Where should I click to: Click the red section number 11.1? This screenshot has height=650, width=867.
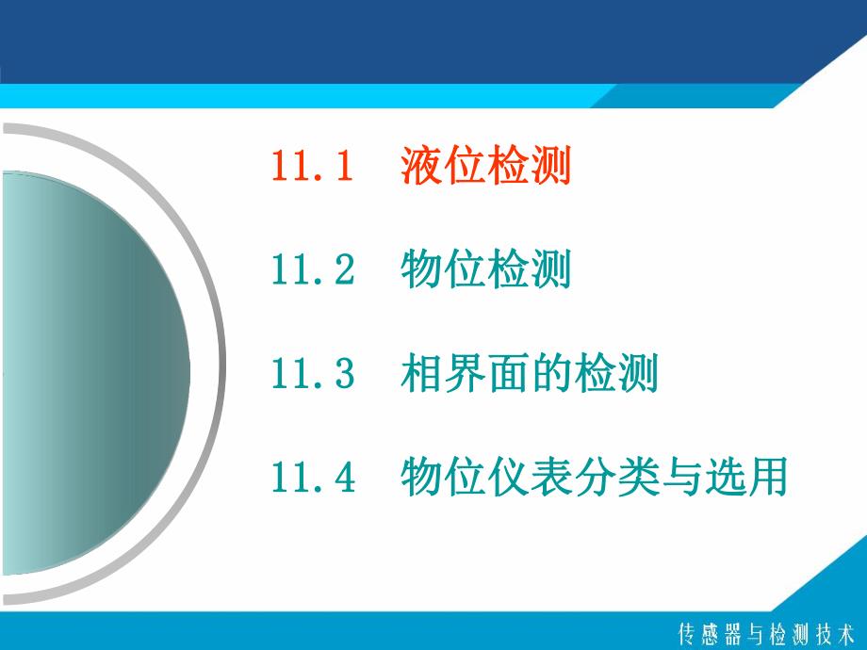pyautogui.click(x=312, y=168)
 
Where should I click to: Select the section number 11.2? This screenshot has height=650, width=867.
pyautogui.click(x=312, y=272)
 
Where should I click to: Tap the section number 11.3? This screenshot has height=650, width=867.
pyautogui.click(x=312, y=376)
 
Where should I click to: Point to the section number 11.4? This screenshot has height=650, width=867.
pyautogui.click(x=312, y=479)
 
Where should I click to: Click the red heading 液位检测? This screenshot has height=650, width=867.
pyautogui.click(x=485, y=168)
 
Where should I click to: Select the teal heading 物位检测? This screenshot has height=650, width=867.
pyautogui.click(x=485, y=272)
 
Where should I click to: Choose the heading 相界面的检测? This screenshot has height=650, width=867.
pyautogui.click(x=529, y=376)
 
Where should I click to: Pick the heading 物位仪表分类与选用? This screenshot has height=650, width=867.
pyautogui.click(x=593, y=479)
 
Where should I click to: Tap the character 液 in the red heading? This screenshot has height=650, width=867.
pyautogui.click(x=421, y=168)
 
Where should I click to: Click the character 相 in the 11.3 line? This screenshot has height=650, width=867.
pyautogui.click(x=421, y=376)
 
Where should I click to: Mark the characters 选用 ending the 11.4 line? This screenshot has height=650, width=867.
pyautogui.click(x=744, y=479)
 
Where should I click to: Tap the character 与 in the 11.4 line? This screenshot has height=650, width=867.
pyautogui.click(x=679, y=479)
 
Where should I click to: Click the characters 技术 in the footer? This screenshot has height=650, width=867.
pyautogui.click(x=830, y=632)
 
